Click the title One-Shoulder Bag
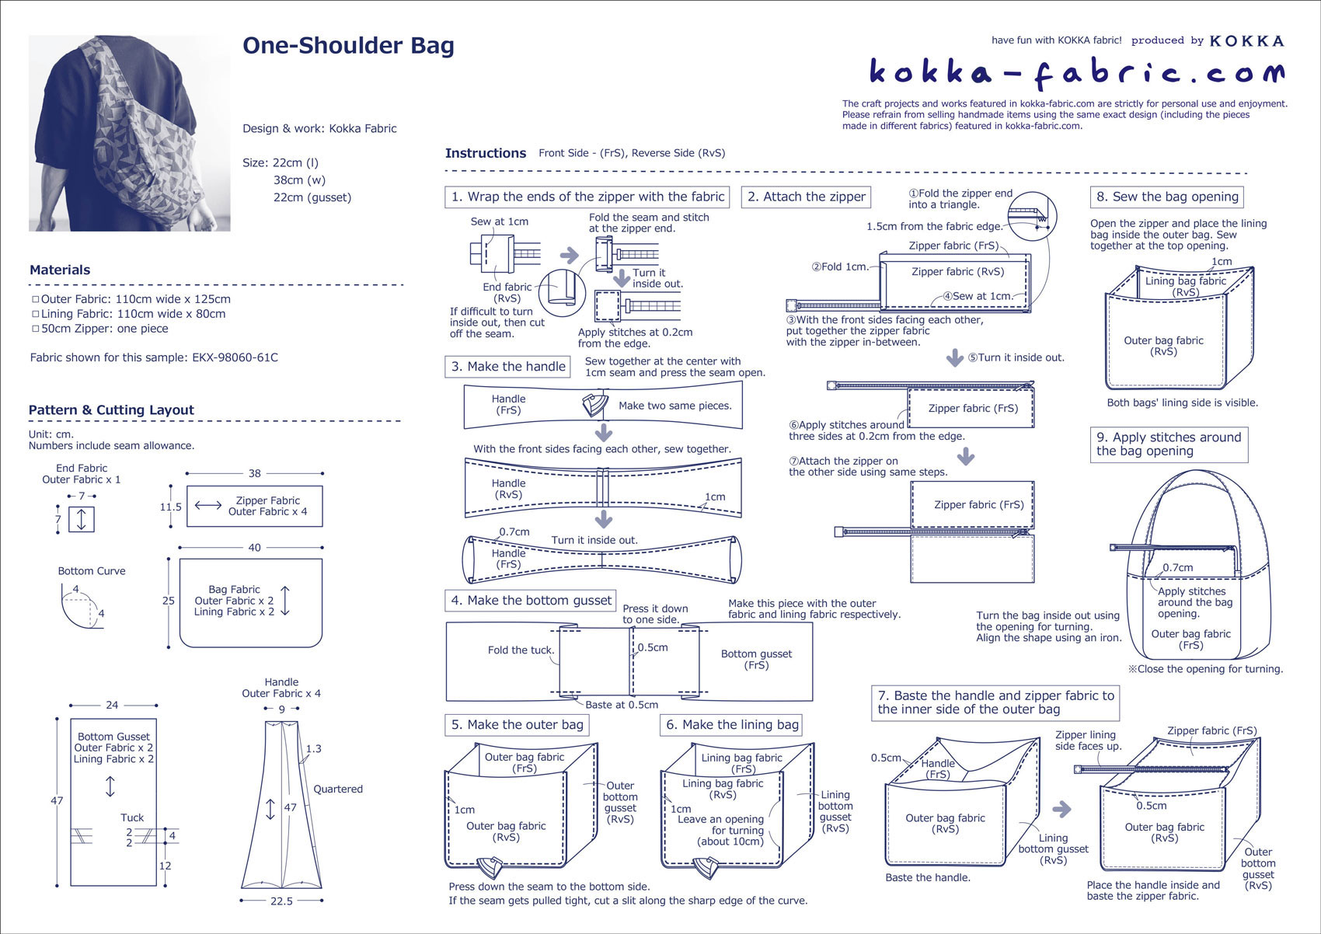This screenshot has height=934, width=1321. click(348, 46)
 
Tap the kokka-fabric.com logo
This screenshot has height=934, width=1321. click(1076, 72)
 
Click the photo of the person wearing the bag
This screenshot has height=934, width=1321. click(130, 133)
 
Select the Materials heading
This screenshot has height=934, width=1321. click(60, 270)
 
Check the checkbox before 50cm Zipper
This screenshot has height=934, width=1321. click(35, 329)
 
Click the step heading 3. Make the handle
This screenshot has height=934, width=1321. click(508, 367)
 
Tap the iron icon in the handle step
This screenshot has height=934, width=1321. click(594, 404)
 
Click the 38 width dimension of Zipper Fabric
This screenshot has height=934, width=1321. click(255, 473)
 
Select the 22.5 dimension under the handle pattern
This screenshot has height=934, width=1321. click(281, 901)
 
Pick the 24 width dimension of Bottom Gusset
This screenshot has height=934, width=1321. click(112, 706)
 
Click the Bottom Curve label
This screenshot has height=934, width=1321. click(92, 571)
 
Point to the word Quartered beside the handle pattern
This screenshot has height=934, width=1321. click(338, 789)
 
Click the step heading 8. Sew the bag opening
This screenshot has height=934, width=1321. click(1167, 197)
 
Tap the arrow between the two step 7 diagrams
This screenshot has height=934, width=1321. click(1061, 809)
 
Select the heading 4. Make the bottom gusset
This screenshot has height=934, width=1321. click(532, 601)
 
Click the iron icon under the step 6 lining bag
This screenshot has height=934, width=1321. click(706, 866)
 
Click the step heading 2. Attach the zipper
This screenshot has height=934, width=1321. click(806, 197)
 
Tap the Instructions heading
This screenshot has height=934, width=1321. click(486, 154)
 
